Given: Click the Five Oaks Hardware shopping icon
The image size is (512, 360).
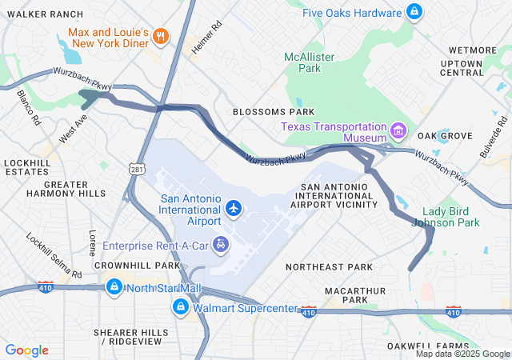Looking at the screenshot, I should pyautogui.click(x=414, y=12).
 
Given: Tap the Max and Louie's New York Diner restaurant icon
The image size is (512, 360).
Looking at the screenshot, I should pyautogui.click(x=160, y=35).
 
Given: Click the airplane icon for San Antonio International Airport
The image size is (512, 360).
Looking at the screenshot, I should pyautogui.click(x=234, y=208).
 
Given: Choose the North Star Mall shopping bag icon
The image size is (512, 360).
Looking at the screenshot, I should pyautogui.click(x=114, y=286).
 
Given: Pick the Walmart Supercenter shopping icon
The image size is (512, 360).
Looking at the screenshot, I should pyautogui.click(x=182, y=306).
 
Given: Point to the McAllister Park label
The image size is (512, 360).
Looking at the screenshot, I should pyautogui.click(x=309, y=62).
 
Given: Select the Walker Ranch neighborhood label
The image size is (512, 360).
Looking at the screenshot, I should pyautogui.click(x=45, y=14).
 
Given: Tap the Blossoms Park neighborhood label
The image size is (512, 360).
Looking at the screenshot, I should pyautogui.click(x=274, y=112).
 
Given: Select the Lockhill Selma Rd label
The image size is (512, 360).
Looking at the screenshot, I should pyautogui.click(x=54, y=255).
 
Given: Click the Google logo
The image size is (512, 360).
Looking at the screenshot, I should pyautogui.click(x=27, y=350).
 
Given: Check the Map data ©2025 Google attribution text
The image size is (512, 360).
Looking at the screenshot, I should pyautogui.click(x=462, y=354).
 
